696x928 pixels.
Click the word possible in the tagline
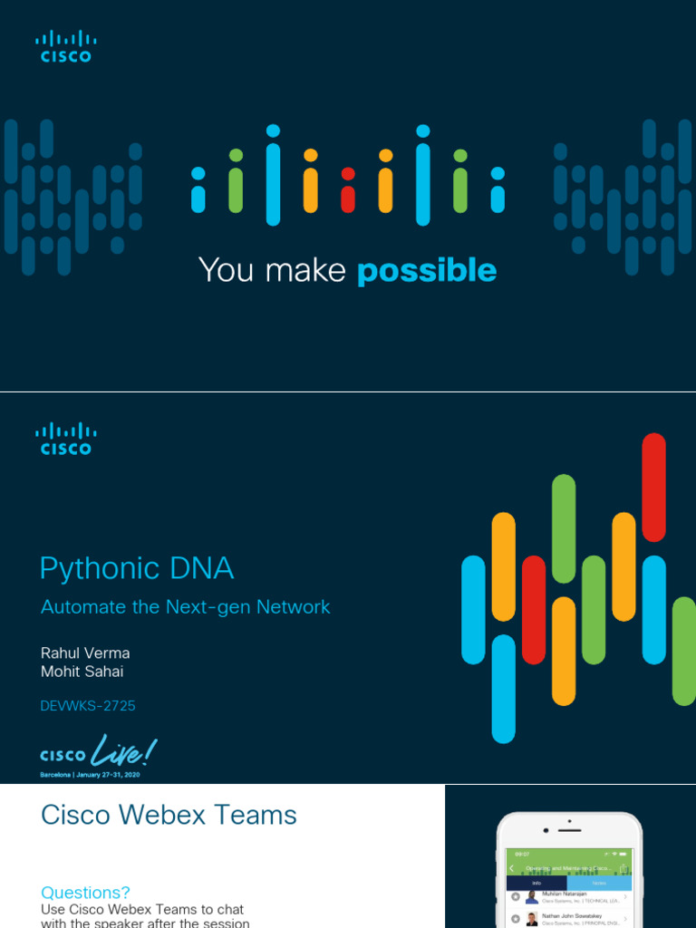click(427, 271)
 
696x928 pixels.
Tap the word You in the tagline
click(222, 270)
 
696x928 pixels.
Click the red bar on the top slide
click(348, 190)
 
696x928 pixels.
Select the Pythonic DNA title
click(137, 568)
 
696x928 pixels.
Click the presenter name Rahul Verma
click(85, 652)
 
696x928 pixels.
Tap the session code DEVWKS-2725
click(88, 705)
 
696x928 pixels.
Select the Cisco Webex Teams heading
click(169, 815)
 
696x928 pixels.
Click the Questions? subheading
click(85, 893)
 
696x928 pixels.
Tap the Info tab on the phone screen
click(536, 883)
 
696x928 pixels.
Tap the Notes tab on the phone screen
click(599, 883)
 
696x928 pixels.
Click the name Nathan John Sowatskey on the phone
click(572, 916)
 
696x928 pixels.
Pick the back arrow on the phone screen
click(512, 868)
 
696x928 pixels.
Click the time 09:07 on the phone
click(522, 854)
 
